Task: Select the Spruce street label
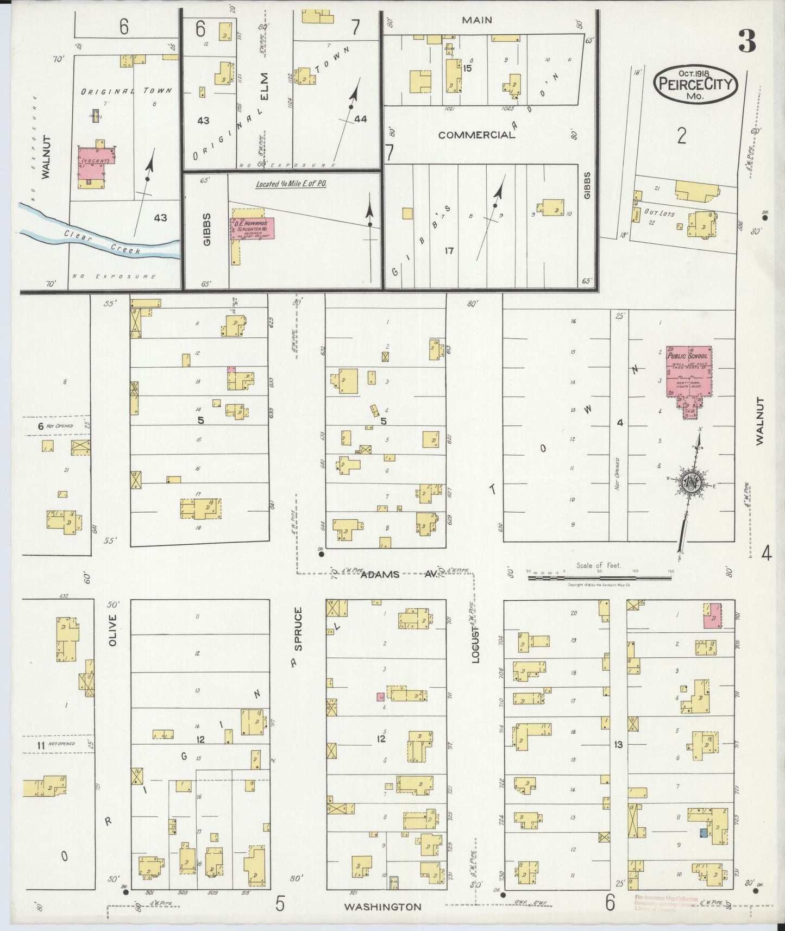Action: tap(298, 628)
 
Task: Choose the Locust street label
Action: tap(476, 644)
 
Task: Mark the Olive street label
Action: tap(112, 631)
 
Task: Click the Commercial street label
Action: tap(476, 135)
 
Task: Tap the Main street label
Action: tap(476, 20)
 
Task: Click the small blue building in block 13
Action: tap(703, 832)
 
